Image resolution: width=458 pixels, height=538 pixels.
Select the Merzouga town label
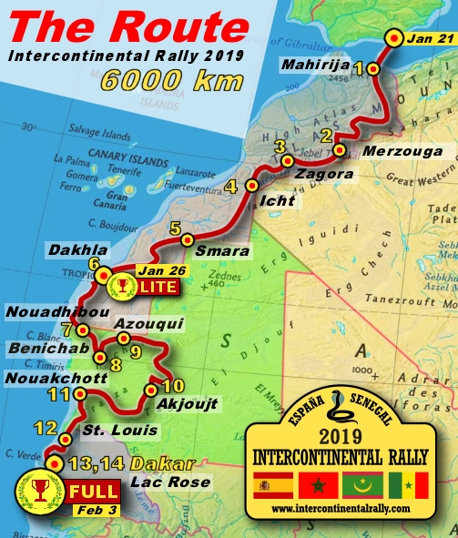click(393, 151)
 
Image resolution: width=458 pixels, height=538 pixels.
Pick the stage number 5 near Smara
click(175, 228)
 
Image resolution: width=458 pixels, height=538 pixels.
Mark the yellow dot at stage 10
click(150, 391)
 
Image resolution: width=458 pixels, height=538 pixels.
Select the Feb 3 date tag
click(93, 510)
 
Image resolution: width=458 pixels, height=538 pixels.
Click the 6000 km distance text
click(172, 79)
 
